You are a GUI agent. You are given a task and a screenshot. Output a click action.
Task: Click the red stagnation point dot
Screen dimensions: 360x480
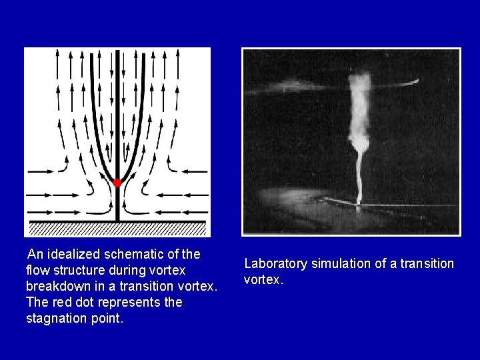point(117,183)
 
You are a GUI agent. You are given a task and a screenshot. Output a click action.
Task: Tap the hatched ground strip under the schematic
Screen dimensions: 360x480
point(117,229)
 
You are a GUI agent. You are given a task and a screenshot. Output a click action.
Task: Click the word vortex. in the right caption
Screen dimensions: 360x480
point(264,280)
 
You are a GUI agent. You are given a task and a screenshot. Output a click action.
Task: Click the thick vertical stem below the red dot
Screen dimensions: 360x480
point(117,203)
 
